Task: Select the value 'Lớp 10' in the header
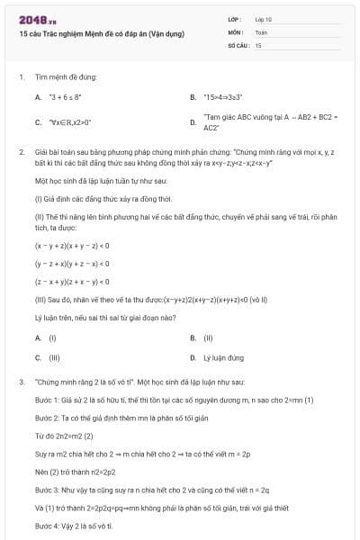pos(263,19)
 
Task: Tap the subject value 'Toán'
pos(261,31)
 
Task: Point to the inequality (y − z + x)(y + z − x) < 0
pos(72,264)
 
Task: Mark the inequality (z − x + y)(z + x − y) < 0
pos(72,282)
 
